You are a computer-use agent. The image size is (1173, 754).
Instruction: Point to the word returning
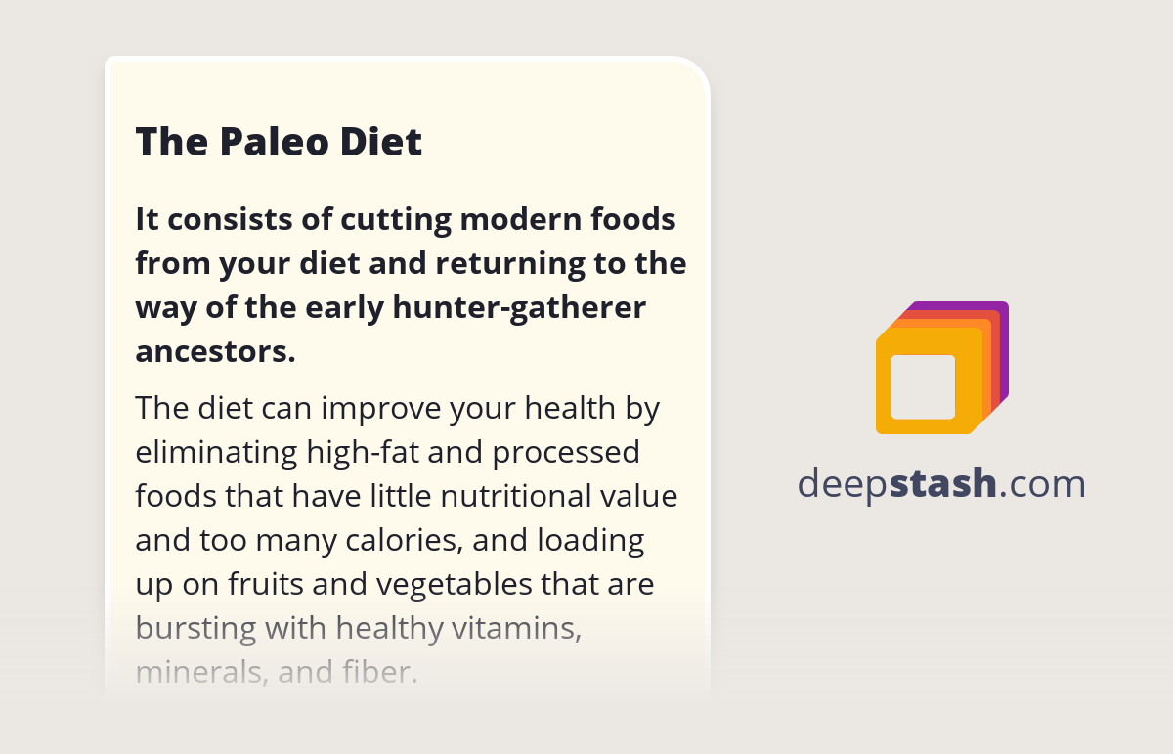tap(510, 265)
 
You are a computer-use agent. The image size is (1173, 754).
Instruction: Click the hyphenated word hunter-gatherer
tap(519, 308)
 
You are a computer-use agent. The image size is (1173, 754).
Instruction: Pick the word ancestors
tap(216, 352)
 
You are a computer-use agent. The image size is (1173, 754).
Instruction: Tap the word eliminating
tap(216, 452)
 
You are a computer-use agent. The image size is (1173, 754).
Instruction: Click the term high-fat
tap(363, 453)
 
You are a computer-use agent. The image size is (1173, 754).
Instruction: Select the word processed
tap(566, 453)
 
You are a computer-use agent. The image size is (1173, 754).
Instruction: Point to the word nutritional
tap(516, 496)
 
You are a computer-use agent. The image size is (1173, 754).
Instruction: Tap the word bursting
tap(195, 629)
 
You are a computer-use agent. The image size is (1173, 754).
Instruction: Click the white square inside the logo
tap(923, 387)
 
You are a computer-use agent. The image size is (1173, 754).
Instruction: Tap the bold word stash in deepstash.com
tap(942, 484)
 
